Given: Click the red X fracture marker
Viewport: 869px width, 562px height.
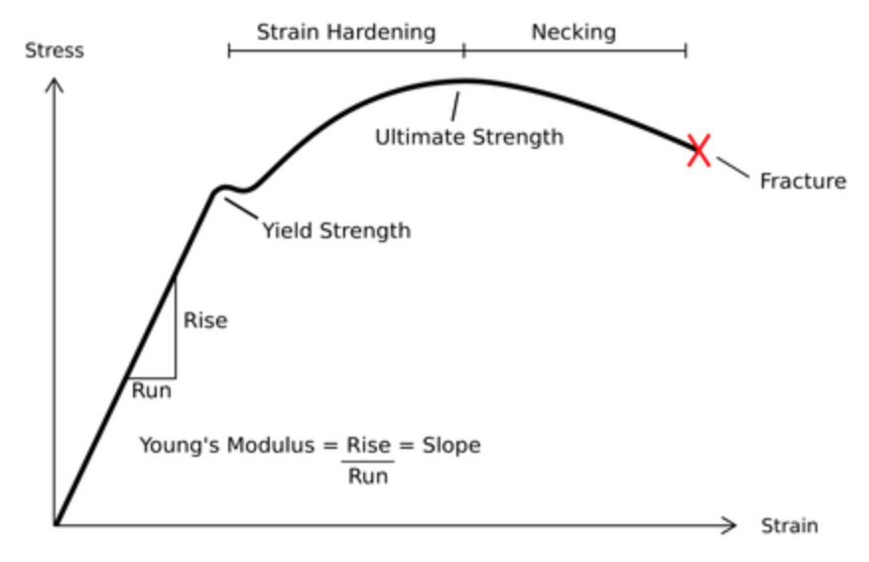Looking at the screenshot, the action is coord(699,150).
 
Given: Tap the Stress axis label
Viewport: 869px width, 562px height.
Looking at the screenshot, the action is coord(55,50).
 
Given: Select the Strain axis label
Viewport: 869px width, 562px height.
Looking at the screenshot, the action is coord(789,525).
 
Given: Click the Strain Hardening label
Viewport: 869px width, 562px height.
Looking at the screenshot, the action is coord(345,32).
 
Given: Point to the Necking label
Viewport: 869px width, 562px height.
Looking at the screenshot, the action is coord(573,32).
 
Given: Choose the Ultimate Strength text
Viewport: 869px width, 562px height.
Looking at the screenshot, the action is coord(468,137).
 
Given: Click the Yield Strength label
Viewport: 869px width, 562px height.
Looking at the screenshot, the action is coord(335,231).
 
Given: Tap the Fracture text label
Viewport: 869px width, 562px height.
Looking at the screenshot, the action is coord(803,182).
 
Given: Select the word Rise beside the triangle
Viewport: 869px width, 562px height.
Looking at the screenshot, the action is coord(205,321).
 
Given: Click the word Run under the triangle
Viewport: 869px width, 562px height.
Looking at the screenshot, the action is coord(151,390).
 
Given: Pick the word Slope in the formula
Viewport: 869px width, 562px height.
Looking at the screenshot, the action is coord(451,445).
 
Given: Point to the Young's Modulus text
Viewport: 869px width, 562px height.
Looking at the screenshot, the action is coord(231,445).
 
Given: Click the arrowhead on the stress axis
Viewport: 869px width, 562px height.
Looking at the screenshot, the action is coord(56,84).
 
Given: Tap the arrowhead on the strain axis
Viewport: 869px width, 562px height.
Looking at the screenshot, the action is coord(731,524).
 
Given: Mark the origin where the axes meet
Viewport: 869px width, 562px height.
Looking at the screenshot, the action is coord(56,524).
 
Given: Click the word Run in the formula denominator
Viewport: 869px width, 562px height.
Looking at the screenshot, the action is coord(368,476).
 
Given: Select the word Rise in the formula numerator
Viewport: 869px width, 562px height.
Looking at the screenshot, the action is coord(368,445).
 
